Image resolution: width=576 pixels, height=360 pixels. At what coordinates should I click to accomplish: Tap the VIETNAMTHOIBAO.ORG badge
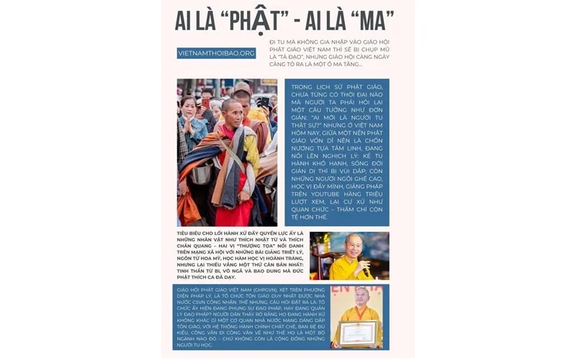click(216, 53)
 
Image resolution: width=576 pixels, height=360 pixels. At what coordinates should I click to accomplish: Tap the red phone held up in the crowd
click(200, 96)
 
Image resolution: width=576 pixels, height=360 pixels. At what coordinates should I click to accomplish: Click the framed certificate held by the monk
click(359, 333)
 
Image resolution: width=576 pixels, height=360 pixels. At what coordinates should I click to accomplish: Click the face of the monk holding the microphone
click(354, 246)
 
